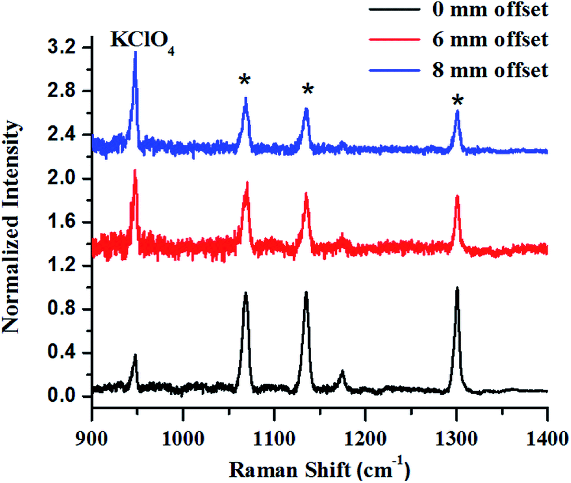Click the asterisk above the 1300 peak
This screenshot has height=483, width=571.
[457, 100]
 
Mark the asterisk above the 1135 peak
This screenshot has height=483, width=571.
[308, 89]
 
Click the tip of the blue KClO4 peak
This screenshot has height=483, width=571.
[135, 52]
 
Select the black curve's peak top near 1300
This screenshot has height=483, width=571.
[457, 288]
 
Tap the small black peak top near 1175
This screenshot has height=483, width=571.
[342, 371]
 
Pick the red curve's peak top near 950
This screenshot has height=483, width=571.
[135, 171]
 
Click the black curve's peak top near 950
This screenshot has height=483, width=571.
[135, 355]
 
